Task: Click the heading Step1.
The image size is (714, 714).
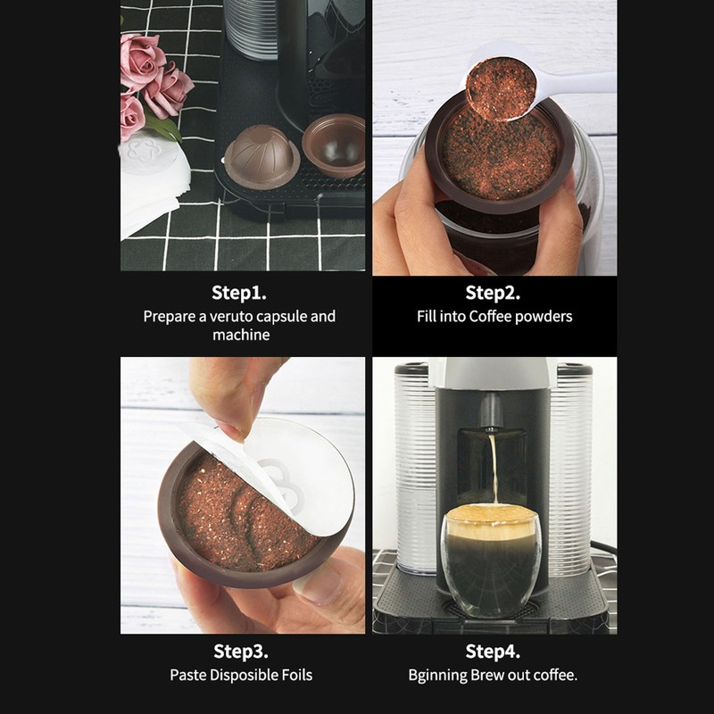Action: tap(239, 292)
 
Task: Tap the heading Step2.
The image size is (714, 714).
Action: tap(493, 292)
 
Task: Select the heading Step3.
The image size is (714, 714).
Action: tap(241, 651)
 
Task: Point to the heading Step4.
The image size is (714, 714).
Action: tap(493, 651)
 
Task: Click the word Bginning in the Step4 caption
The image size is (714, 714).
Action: tap(438, 675)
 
